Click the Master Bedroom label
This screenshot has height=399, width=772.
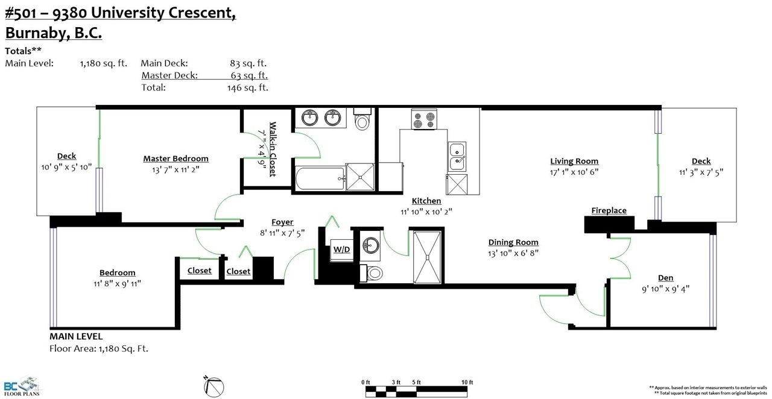tap(176, 159)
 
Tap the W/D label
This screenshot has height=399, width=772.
tap(341, 250)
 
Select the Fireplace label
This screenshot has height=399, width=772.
tap(609, 210)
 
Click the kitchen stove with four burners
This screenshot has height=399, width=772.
tap(424, 119)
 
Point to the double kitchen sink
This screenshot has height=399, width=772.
tap(457, 157)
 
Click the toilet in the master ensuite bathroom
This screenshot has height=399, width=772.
tap(362, 119)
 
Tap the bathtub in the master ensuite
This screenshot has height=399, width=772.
tap(320, 178)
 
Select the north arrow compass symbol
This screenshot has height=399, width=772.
tap(214, 386)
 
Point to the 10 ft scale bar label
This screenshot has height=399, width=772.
tap(467, 382)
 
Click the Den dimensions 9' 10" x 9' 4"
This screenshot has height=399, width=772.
tap(665, 289)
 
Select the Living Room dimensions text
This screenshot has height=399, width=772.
tap(574, 172)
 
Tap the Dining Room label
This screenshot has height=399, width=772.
tap(513, 242)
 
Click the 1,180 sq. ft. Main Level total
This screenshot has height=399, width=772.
tap(103, 63)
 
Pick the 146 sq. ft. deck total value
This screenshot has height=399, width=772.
tap(247, 87)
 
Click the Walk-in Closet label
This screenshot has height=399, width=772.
tap(273, 149)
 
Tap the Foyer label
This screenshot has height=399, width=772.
tap(282, 222)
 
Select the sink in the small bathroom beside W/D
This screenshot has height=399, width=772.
tap(370, 245)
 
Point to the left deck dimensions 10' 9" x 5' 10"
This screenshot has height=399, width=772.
tap(66, 167)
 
